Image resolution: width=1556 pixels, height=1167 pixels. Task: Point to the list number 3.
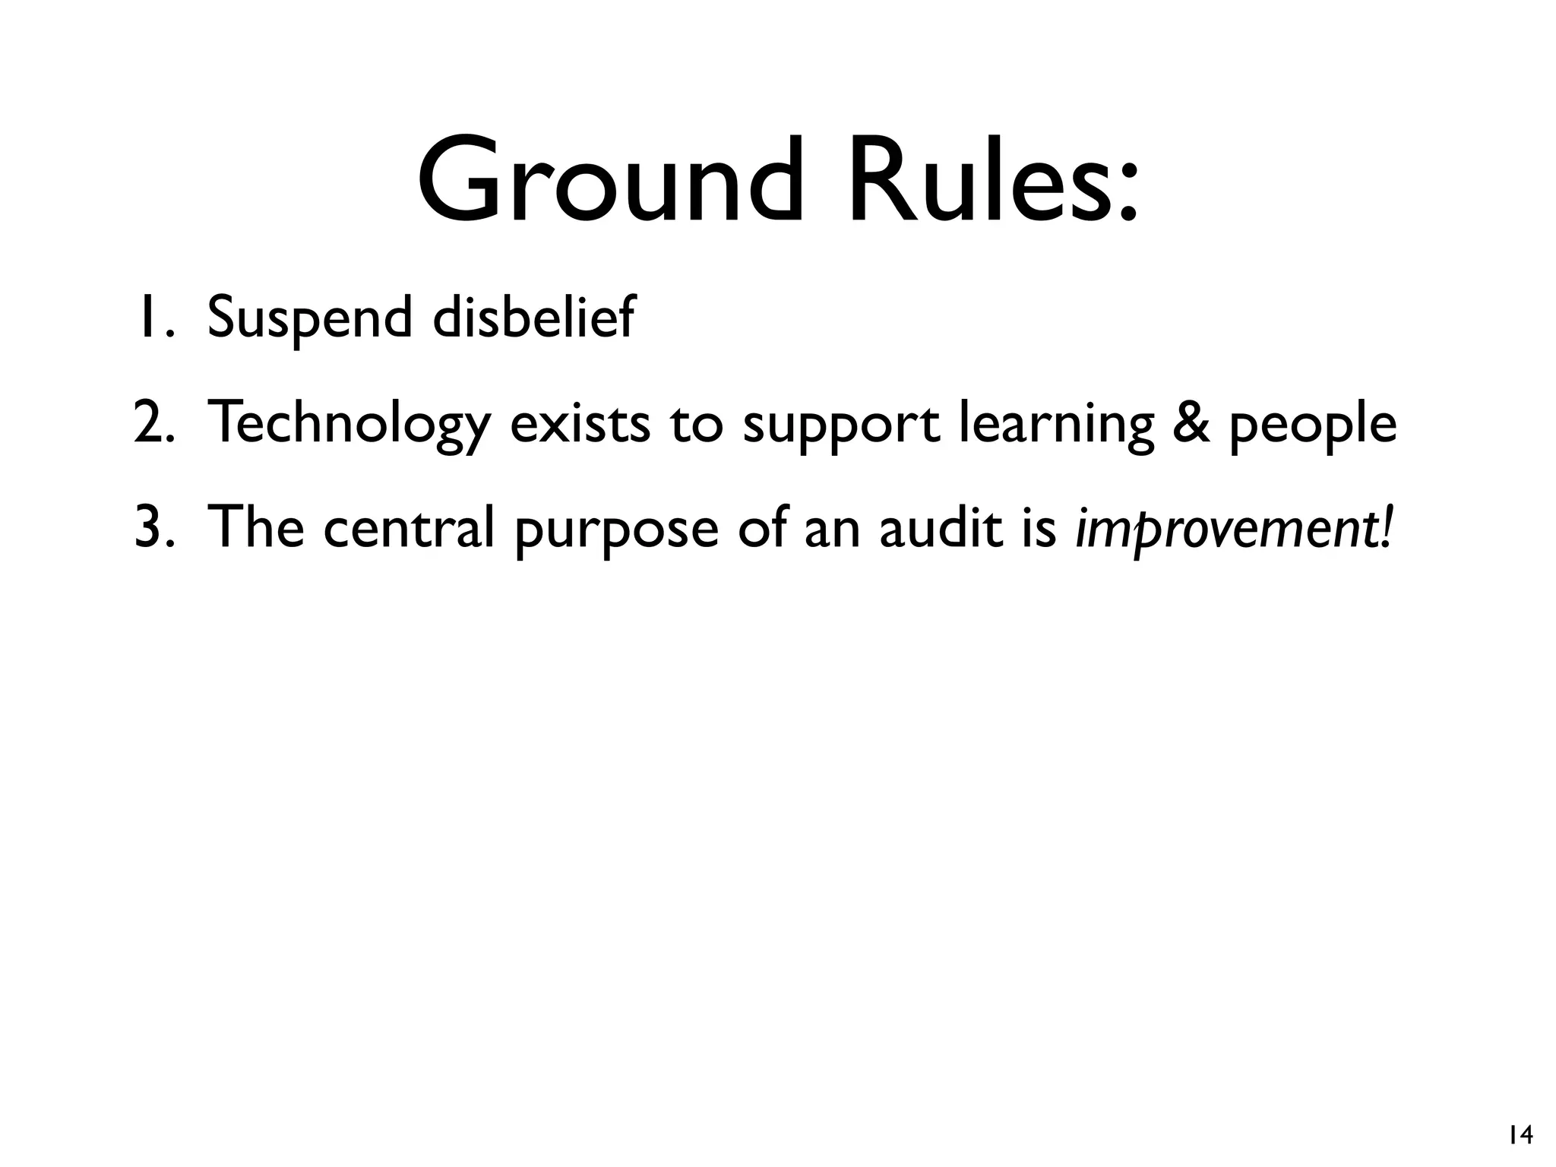click(x=153, y=527)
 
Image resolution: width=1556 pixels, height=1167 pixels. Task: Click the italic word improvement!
click(x=1235, y=529)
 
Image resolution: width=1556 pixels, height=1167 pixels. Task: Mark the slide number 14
click(x=1520, y=1135)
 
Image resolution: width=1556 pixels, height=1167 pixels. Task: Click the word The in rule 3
click(x=255, y=527)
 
